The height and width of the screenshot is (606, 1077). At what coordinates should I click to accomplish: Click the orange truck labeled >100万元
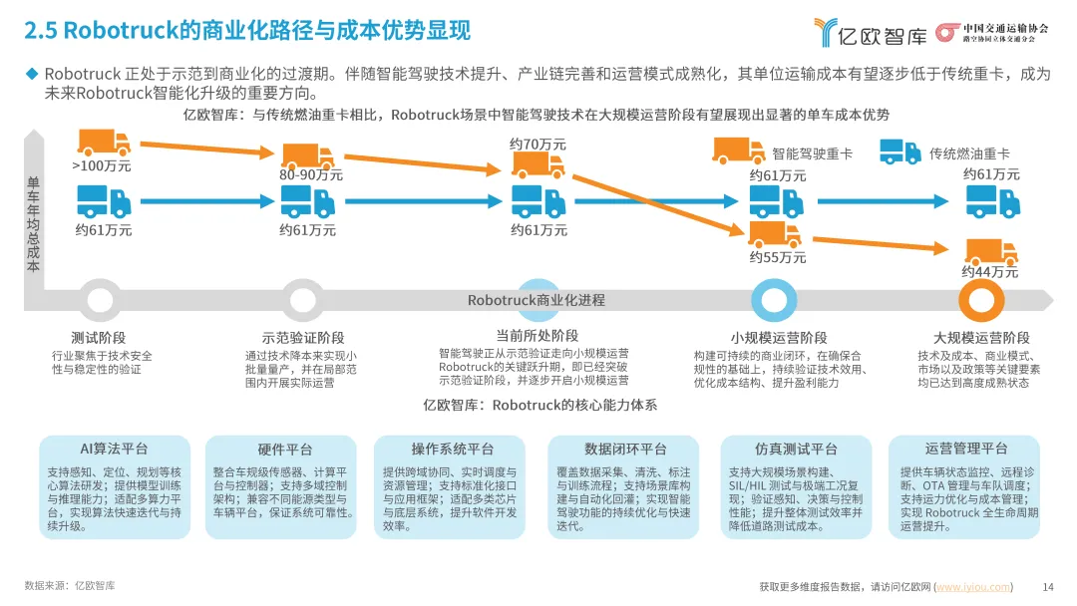click(x=104, y=143)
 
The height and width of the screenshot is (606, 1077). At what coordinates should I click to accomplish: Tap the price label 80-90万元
click(x=310, y=174)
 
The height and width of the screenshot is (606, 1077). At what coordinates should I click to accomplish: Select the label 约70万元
click(x=538, y=145)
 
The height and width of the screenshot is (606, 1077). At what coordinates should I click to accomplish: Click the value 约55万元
click(x=777, y=257)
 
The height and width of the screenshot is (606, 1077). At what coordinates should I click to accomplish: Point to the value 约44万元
click(x=990, y=272)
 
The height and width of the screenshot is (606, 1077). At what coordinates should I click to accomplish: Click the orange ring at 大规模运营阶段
click(x=979, y=299)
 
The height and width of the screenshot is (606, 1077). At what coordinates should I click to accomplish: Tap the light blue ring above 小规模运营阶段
click(x=773, y=299)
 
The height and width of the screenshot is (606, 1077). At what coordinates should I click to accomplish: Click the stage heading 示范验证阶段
click(x=302, y=338)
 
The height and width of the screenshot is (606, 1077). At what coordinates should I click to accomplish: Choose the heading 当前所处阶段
click(x=537, y=335)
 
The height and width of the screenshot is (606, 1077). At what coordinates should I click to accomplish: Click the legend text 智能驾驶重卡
click(x=812, y=153)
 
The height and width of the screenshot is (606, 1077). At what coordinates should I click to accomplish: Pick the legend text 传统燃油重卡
click(x=969, y=153)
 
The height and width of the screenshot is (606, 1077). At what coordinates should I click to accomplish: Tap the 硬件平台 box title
click(x=285, y=450)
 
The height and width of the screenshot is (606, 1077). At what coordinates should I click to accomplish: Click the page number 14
click(x=1047, y=586)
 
